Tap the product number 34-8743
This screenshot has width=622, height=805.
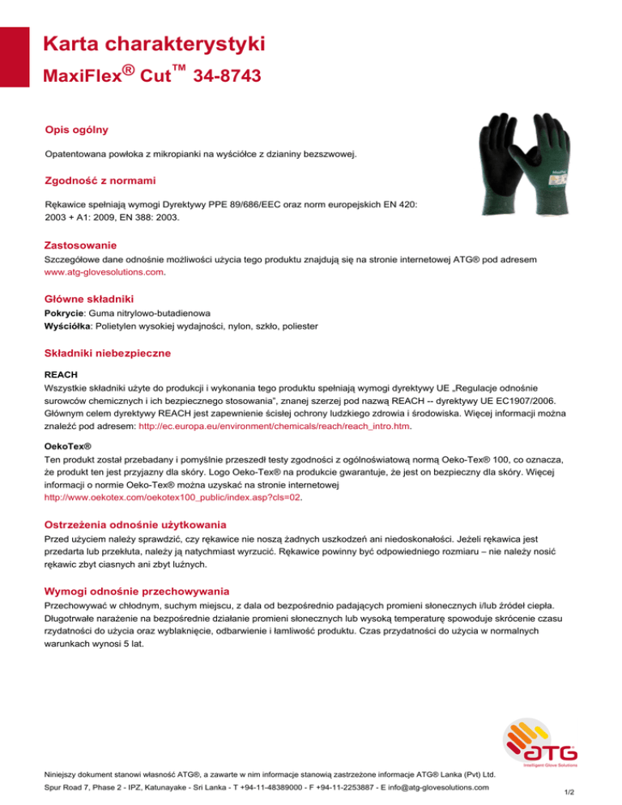point(228,77)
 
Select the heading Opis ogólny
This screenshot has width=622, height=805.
point(77,130)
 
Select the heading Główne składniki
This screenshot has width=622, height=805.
point(88,299)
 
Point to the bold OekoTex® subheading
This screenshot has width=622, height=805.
point(66,445)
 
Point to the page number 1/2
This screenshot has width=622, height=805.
point(590,794)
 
